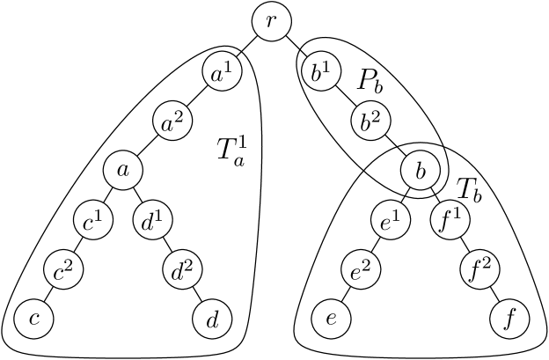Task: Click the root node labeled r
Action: pos(272,22)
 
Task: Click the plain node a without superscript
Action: pos(123,171)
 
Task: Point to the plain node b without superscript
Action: pos(421,171)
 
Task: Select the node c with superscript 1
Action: pos(94,220)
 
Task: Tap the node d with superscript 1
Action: pos(153,220)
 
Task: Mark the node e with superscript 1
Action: pos(390,220)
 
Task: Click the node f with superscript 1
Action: pos(450,220)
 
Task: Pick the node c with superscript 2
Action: pos(64,269)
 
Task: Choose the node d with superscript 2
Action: pos(183,269)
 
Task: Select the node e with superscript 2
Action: pos(361,269)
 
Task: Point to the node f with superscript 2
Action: pos(480,269)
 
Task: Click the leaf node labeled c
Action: pos(34,319)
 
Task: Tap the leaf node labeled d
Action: pos(212,319)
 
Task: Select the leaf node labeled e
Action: pos(331,319)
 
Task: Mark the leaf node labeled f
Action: pos(509,319)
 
